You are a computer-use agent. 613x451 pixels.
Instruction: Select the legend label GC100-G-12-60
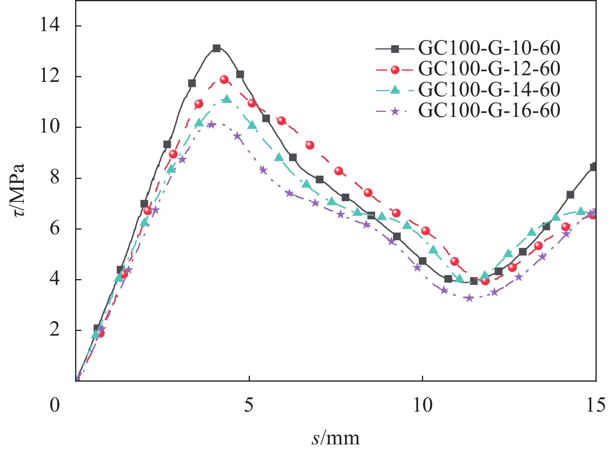click(x=489, y=69)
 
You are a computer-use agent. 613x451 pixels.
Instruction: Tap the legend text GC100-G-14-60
click(x=489, y=90)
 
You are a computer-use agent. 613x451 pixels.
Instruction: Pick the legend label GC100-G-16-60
click(x=489, y=110)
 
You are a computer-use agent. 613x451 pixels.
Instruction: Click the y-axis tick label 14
click(x=50, y=26)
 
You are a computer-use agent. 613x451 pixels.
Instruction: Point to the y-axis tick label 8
click(x=54, y=178)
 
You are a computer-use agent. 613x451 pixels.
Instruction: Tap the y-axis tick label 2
click(x=54, y=330)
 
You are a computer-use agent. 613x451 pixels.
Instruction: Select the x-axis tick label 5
click(x=249, y=405)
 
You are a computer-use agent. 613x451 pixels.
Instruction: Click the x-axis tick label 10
click(x=422, y=405)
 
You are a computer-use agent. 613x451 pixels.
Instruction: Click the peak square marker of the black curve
click(x=217, y=48)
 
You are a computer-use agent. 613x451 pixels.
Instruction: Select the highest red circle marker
click(x=224, y=80)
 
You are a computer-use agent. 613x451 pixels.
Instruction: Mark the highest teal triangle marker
click(x=227, y=99)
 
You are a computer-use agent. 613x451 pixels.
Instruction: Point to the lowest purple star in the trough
click(x=469, y=298)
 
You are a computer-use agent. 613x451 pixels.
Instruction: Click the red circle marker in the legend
click(x=395, y=69)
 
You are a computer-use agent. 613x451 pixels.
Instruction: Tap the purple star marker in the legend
click(x=395, y=111)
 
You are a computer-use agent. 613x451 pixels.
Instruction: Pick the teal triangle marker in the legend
click(x=395, y=90)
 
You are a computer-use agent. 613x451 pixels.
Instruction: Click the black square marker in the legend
click(x=395, y=49)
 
